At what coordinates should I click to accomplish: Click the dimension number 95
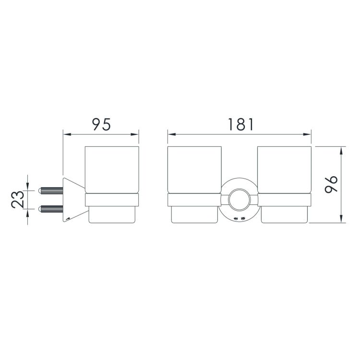[x=101, y=124]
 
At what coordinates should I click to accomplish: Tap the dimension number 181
[x=240, y=124]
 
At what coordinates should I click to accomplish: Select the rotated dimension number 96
[x=331, y=184]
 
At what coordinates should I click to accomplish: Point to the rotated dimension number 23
[x=17, y=199]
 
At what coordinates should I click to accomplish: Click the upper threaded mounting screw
[x=50, y=191]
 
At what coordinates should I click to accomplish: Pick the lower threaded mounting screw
[x=50, y=209]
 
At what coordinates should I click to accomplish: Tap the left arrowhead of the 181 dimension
[x=171, y=134]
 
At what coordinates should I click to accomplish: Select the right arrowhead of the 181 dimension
[x=307, y=134]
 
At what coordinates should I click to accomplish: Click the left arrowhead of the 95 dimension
[x=67, y=134]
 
